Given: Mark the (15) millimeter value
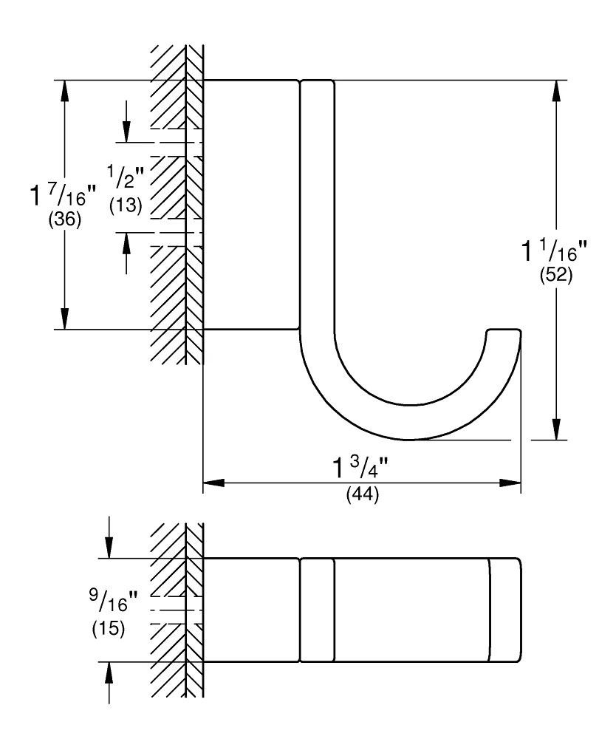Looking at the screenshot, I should tap(109, 630).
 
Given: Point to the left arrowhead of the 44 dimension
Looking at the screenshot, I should tap(213, 483).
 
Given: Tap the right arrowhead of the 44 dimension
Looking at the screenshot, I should tap(511, 483).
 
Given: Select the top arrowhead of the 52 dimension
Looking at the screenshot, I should tap(555, 89).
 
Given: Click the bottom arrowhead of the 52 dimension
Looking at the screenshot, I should tap(555, 430).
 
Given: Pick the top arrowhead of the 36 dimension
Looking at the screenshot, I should tap(65, 89).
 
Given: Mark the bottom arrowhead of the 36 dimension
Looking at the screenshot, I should tap(65, 319).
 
